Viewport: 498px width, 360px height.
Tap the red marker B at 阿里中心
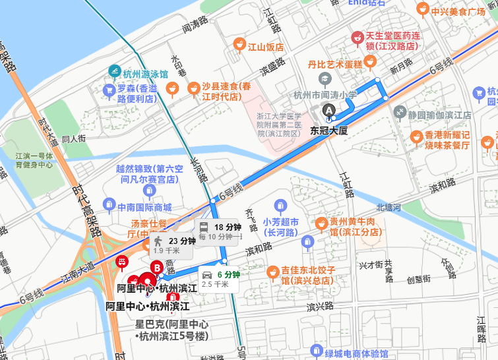click(157, 268)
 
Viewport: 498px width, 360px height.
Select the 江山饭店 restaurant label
click(265, 47)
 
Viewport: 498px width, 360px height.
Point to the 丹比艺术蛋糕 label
click(335, 64)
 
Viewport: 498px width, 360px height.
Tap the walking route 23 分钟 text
click(182, 241)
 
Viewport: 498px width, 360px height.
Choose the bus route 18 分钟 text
click(228, 227)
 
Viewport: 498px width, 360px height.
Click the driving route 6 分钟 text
click(230, 274)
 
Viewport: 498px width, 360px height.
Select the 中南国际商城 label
click(144, 207)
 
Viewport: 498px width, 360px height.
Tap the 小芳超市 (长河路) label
click(281, 227)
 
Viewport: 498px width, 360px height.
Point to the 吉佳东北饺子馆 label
click(309, 275)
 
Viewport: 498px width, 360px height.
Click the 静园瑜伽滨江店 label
click(439, 114)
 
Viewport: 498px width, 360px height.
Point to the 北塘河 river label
click(389, 208)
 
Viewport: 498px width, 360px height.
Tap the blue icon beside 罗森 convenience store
click(109, 89)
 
